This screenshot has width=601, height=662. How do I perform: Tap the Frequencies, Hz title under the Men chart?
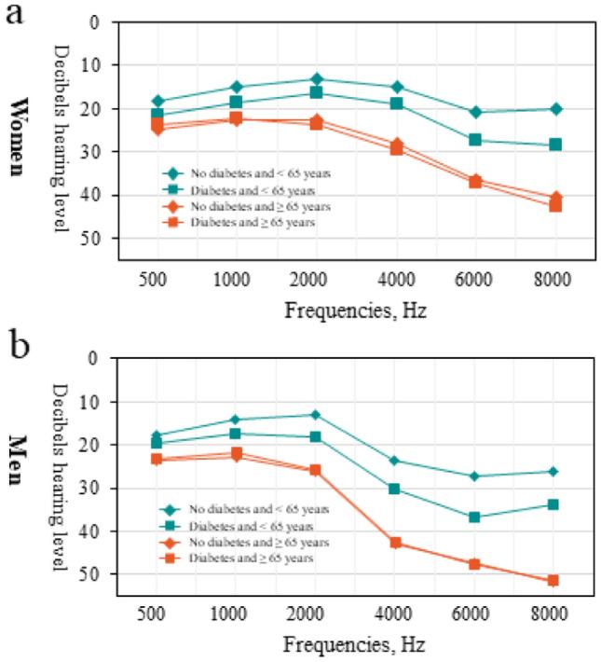coord(355,644)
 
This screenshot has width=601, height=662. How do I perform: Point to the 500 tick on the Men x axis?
coord(157,614)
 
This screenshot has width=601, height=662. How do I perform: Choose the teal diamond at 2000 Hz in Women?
coord(317,78)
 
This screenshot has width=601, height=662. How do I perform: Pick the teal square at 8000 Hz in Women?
coord(555,145)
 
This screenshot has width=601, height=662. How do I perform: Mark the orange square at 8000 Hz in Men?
coord(553,580)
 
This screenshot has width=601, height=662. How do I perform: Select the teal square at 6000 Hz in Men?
coord(474,517)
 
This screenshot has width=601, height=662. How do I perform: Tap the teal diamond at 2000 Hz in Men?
coord(315,414)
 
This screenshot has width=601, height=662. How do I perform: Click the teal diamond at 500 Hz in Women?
coord(158,101)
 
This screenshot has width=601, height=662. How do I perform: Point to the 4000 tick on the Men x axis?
coord(395,614)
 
